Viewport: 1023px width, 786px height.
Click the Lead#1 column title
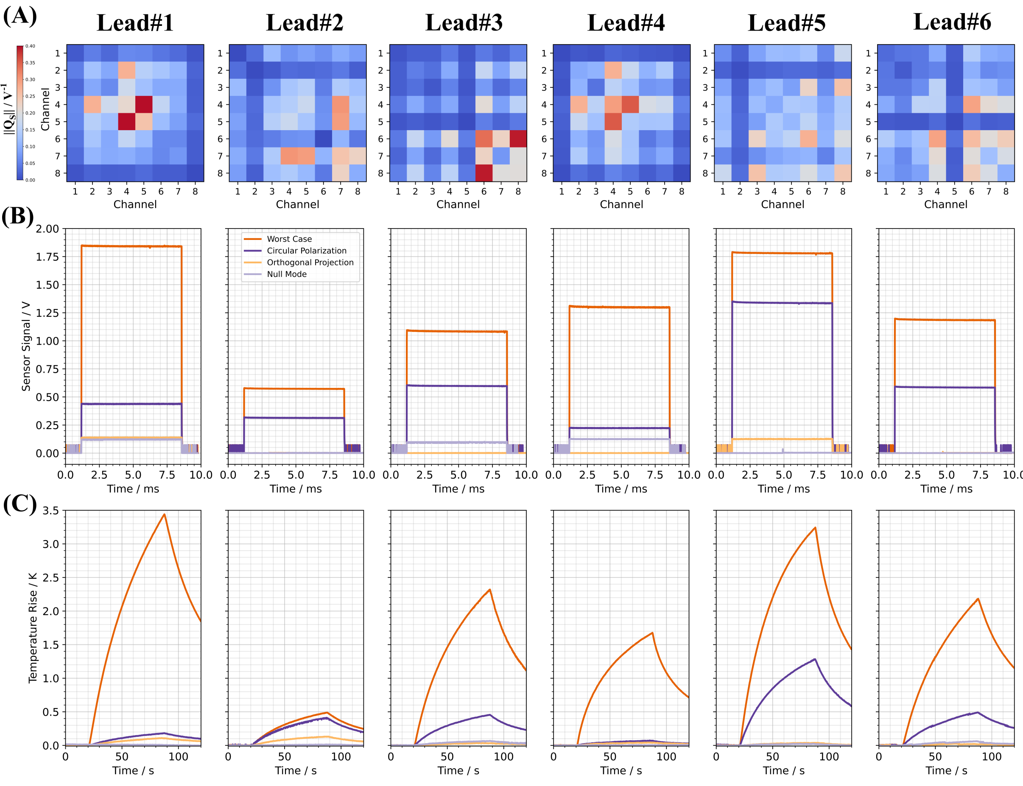pyautogui.click(x=135, y=22)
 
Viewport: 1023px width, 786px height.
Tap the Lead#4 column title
pyautogui.click(x=626, y=22)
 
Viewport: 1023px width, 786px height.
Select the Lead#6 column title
pyautogui.click(x=952, y=22)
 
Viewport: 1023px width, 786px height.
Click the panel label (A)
pyautogui.click(x=20, y=15)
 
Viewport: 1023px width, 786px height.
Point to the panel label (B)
pyautogui.click(x=17, y=216)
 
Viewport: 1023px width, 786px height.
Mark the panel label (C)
pyautogui.click(x=20, y=504)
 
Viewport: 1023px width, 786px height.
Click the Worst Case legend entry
pyautogui.click(x=289, y=239)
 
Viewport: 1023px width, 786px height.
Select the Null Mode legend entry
pyautogui.click(x=286, y=274)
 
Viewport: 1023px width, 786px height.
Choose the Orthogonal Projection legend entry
pyautogui.click(x=310, y=262)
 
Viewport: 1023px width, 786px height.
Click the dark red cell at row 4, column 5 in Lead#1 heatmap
pyautogui.click(x=144, y=104)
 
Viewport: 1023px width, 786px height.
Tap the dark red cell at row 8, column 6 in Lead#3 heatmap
pyautogui.click(x=484, y=173)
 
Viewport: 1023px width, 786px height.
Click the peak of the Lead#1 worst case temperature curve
pyautogui.click(x=164, y=515)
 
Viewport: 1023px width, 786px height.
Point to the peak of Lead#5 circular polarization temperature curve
pyautogui.click(x=815, y=659)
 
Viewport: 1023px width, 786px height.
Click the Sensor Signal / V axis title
pyautogui.click(x=26, y=346)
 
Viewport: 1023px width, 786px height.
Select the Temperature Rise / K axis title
pyautogui.click(x=32, y=628)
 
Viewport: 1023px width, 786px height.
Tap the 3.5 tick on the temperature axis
pyautogui.click(x=50, y=510)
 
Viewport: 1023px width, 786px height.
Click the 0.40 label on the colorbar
pyautogui.click(x=31, y=46)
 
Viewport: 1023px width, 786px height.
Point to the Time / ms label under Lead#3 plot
pyautogui.click(x=458, y=489)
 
